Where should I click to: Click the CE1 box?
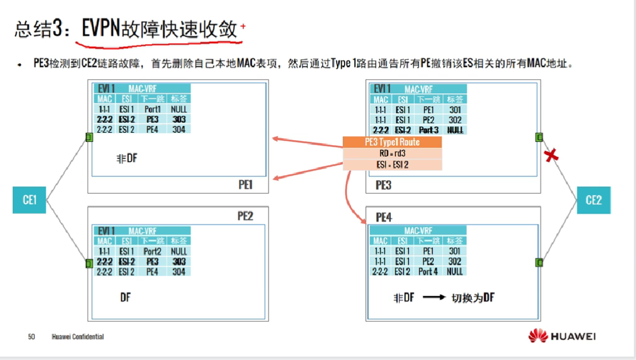[x=30, y=200]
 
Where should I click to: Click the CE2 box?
[x=594, y=200]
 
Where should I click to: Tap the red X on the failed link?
[x=551, y=155]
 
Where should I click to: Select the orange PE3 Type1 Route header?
[x=392, y=142]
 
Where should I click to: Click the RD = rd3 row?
[x=392, y=153]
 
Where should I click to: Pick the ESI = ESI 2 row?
[x=392, y=165]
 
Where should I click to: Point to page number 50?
[x=32, y=337]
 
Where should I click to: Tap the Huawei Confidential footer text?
[x=78, y=337]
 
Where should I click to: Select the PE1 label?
[x=245, y=185]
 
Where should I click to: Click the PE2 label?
[x=245, y=215]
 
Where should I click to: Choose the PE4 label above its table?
[x=384, y=217]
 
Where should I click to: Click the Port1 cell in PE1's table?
[x=152, y=109]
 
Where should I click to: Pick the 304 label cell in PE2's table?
[x=179, y=272]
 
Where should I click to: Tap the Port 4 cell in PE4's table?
[x=428, y=272]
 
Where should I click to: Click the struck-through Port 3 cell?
[x=429, y=130]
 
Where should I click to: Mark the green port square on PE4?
[x=539, y=262]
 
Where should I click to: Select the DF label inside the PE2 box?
[x=126, y=297]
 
